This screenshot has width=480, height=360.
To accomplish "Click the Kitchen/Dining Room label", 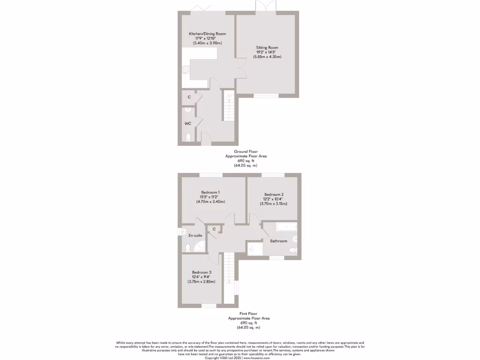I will (207, 34).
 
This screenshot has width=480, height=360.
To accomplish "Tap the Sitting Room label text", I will (267, 47).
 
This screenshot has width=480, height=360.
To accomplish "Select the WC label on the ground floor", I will (187, 124).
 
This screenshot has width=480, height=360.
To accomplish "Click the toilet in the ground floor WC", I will (188, 137).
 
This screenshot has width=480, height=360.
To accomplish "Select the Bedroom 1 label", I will (210, 193).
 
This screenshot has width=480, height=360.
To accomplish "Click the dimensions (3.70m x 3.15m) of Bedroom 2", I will (273, 203).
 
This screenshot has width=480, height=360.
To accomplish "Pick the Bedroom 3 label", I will (202, 272).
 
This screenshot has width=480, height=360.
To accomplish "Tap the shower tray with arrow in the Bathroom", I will (255, 248).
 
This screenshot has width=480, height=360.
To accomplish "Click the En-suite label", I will (195, 235).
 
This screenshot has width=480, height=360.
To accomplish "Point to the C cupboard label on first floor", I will (214, 229).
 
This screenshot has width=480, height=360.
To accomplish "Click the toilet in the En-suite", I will (187, 247).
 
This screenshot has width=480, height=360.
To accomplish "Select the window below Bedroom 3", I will (209, 306).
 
